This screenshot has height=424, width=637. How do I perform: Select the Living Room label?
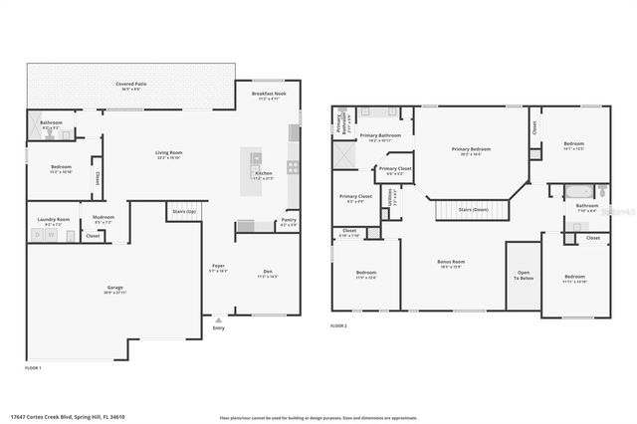[x=168, y=154]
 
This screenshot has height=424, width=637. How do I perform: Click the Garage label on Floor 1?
[x=115, y=290]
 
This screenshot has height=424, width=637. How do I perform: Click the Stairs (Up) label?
[x=183, y=212]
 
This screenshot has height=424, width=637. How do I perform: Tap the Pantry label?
[x=288, y=221]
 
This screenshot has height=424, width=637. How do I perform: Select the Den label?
[x=267, y=272]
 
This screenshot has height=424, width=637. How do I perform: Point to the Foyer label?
[x=218, y=267]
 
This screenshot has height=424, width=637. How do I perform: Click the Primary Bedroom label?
[x=470, y=150]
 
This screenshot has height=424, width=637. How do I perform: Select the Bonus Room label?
[x=451, y=264]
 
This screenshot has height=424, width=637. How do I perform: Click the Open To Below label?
[x=524, y=276]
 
